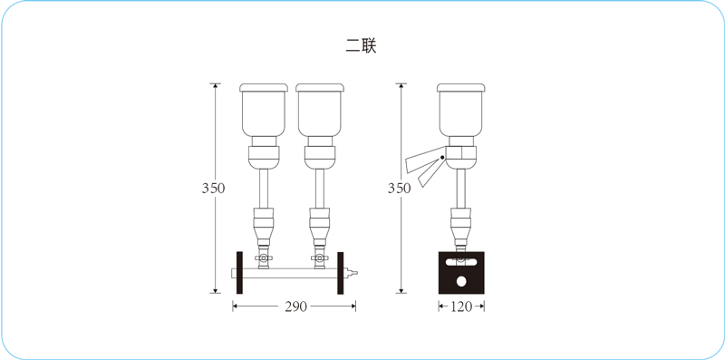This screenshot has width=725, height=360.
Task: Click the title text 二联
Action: tap(361, 46)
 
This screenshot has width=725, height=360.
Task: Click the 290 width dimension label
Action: tap(296, 306)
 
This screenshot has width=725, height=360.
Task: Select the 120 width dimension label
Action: tap(461, 306)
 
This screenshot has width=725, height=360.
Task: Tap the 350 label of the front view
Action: tap(213, 189)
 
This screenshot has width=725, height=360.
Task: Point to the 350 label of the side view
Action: tap(399, 189)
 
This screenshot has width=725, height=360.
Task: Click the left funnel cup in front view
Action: tap(264, 114)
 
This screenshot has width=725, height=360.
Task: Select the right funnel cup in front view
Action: tap(320, 114)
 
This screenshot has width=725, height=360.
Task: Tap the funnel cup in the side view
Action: tap(461, 114)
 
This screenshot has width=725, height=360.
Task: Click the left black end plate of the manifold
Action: tap(239, 273)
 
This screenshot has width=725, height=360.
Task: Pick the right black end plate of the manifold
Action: tap(341, 273)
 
